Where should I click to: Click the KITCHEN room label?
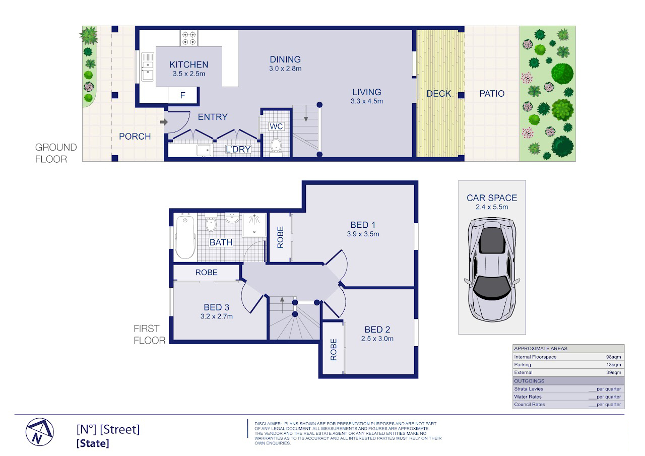click(x=188, y=64)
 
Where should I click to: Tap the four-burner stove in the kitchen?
click(x=189, y=38)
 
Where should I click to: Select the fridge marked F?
click(x=182, y=95)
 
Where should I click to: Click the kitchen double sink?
click(x=148, y=67)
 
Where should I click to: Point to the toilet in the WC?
click(x=276, y=146)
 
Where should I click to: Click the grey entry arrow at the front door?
click(x=164, y=122)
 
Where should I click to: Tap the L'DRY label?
click(x=238, y=150)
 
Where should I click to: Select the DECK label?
click(x=438, y=94)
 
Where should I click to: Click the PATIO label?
click(x=492, y=94)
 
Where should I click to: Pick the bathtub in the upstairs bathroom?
click(x=185, y=237)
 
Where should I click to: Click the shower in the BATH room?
click(x=254, y=225)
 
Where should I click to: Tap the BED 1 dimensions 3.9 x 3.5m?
click(x=363, y=234)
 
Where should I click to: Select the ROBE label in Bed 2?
click(x=334, y=350)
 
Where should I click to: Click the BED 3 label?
click(x=217, y=307)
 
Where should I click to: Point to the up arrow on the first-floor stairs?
click(x=282, y=305)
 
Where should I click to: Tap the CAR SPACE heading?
click(x=492, y=198)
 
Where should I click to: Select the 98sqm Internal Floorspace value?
click(x=613, y=357)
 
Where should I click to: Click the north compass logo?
click(x=40, y=432)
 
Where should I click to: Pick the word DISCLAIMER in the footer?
click(x=268, y=424)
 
